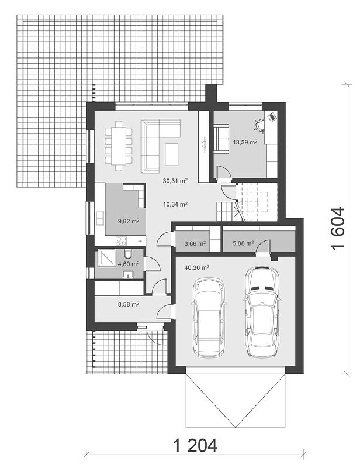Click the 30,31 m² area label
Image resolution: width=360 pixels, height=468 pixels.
(x=175, y=181)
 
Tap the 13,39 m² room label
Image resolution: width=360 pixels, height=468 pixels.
(x=245, y=142)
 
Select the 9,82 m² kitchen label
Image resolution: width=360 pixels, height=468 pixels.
(x=129, y=221)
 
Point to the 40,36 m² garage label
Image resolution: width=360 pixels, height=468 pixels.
(x=196, y=267)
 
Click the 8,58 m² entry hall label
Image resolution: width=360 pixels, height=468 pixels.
(x=129, y=304)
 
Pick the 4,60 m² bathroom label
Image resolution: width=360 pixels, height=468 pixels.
(x=129, y=264)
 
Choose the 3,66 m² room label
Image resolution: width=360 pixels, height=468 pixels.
(x=195, y=243)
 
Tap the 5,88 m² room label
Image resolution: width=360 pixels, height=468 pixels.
(x=243, y=243)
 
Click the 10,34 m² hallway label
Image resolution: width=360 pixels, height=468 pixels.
(x=175, y=204)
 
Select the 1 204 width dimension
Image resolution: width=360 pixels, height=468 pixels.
(x=195, y=446)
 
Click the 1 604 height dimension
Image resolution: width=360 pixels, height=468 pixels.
(x=338, y=229)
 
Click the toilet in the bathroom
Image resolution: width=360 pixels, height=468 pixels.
(x=128, y=254)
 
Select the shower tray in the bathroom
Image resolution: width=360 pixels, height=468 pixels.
(x=105, y=258)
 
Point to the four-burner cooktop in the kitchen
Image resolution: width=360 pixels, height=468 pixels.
(x=122, y=240)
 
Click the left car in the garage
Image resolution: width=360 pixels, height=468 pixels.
(x=209, y=318)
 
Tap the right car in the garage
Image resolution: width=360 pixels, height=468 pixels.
(x=262, y=312)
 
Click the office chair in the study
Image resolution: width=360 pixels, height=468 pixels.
(x=259, y=125)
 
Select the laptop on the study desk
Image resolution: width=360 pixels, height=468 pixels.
(x=271, y=116)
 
